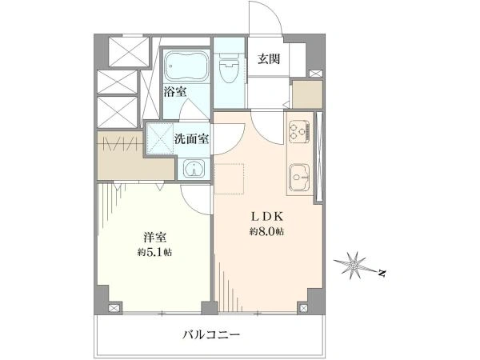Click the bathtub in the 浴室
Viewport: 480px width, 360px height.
tap(186, 66)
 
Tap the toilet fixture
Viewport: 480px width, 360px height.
tap(230, 68)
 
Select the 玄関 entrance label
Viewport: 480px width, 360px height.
tap(269, 58)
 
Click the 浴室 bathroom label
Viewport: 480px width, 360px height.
tap(175, 91)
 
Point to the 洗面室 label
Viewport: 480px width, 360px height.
tap(192, 138)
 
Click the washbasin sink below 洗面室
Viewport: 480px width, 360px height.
tap(194, 169)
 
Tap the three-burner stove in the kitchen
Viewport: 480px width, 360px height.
tap(299, 131)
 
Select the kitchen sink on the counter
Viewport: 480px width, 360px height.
tap(300, 178)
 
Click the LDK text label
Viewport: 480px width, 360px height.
tap(266, 217)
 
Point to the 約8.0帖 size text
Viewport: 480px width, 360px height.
tap(266, 231)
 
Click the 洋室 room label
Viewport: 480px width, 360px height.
tap(155, 238)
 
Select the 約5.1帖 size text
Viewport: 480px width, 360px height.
tap(154, 252)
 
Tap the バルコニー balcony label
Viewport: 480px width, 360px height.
tap(211, 334)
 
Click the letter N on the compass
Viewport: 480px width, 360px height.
tap(381, 273)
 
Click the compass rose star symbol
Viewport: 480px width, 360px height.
tap(354, 265)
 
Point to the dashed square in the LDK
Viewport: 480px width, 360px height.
tap(230, 178)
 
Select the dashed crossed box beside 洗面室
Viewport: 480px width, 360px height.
tap(161, 138)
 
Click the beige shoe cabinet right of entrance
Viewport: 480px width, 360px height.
tap(307, 94)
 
